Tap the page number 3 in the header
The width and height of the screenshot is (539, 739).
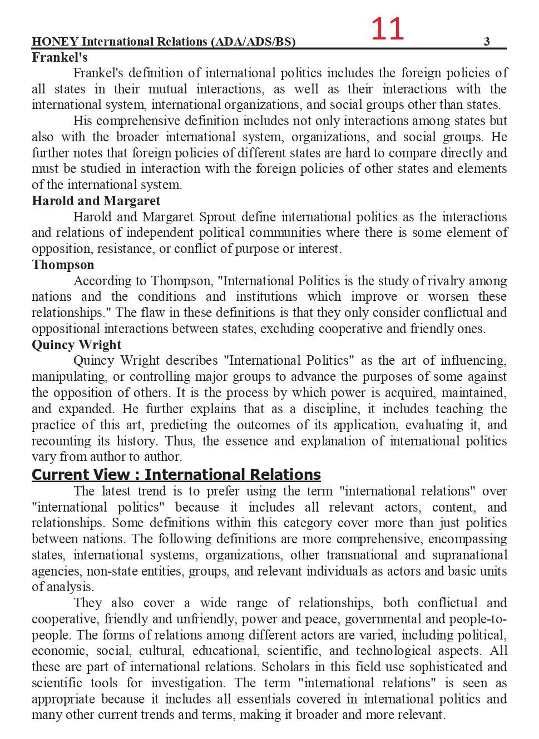487,42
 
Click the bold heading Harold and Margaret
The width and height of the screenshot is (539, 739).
96,201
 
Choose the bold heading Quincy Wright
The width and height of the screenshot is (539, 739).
76,345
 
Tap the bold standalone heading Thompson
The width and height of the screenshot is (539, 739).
63,265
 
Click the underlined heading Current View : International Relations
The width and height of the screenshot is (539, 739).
176,475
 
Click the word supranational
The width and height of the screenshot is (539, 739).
469,555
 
